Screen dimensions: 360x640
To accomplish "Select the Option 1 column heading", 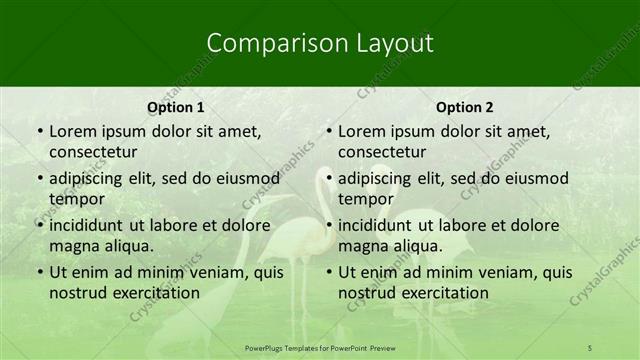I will (176, 107).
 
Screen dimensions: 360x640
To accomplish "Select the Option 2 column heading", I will (465, 107).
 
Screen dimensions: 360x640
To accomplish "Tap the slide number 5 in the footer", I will (590, 346).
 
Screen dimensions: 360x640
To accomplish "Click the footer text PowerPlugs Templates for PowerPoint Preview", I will (320, 346).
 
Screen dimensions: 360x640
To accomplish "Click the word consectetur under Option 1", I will (92, 152).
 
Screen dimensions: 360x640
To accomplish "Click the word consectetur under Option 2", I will (381, 152).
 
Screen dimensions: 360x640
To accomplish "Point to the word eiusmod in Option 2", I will (536, 179).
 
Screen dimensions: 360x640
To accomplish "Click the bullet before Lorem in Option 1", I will (38, 132).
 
